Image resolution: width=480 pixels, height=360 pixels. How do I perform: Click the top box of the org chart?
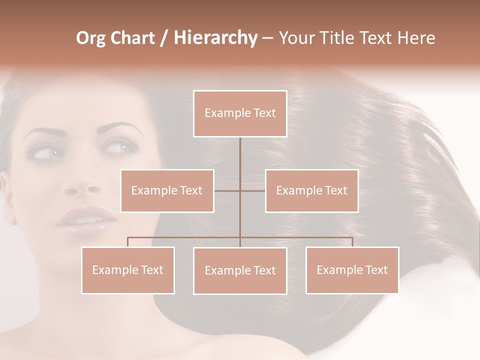(x=240, y=113)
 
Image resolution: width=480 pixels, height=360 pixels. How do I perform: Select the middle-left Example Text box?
(x=167, y=190)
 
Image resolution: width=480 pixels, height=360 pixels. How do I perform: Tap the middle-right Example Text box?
(x=311, y=190)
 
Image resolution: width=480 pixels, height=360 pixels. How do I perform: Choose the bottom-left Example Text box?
(x=128, y=270)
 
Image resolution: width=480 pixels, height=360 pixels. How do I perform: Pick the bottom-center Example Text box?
(x=240, y=270)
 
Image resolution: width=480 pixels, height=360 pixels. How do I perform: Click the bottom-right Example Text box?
(x=352, y=270)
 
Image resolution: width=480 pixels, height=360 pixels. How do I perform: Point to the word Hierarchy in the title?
(x=215, y=38)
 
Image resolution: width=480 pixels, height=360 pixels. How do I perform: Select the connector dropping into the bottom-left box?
(x=128, y=242)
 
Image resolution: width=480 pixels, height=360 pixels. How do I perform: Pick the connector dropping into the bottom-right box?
(x=352, y=242)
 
